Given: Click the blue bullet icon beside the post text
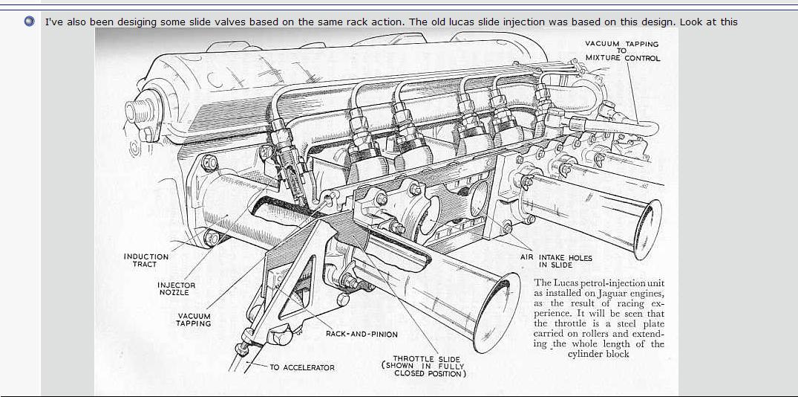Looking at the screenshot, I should tap(29, 22).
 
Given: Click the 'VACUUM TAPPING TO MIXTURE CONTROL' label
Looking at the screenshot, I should tap(622, 51).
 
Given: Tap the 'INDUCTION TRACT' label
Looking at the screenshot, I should tap(145, 260).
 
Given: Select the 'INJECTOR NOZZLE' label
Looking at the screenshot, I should tap(177, 288).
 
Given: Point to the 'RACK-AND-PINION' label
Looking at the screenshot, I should tap(362, 334).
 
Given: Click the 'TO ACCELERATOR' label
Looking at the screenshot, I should tap(301, 367).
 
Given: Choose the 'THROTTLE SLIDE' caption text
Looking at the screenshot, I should tap(427, 358).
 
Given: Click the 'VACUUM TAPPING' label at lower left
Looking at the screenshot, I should tap(193, 320).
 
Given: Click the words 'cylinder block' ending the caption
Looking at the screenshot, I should tap(598, 354).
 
